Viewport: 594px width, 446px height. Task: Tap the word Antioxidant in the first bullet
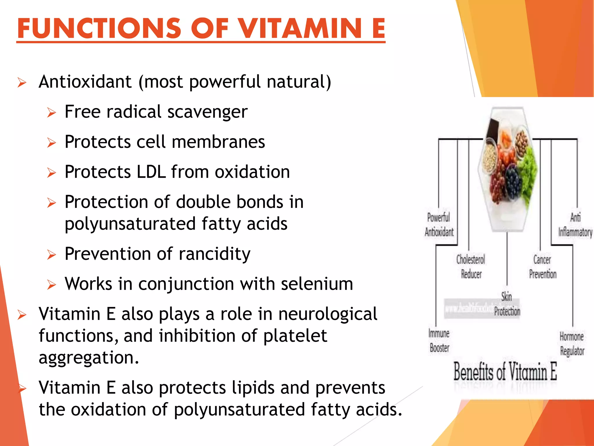point(85,82)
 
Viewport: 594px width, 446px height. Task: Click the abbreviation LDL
point(151,172)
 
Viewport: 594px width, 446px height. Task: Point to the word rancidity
point(214,254)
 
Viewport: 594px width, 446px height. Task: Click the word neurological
point(327,314)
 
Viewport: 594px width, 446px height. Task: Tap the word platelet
point(295,336)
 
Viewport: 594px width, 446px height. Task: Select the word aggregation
point(89,357)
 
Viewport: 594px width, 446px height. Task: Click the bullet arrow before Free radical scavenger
point(51,112)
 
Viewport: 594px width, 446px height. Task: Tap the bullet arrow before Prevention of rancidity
point(51,255)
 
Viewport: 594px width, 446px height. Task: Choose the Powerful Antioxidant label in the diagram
point(439,224)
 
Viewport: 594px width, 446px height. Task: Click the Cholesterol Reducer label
point(471,267)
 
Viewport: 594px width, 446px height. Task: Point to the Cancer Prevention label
point(542,267)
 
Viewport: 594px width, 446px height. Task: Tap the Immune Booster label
point(439,340)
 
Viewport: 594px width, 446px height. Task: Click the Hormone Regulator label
point(572,344)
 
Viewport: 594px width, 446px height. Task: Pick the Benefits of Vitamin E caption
point(505,371)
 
